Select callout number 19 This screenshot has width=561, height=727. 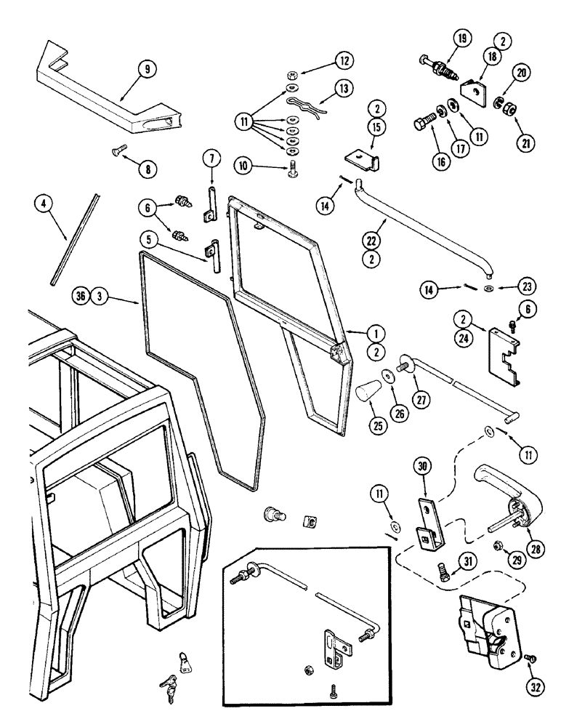461,39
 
